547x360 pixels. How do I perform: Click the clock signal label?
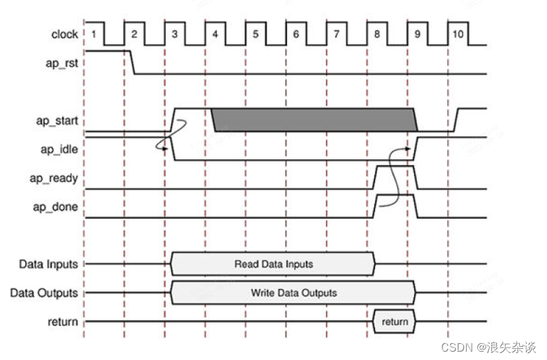tap(64, 34)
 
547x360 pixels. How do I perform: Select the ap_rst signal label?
tap(61, 62)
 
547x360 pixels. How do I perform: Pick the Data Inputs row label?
tap(48, 265)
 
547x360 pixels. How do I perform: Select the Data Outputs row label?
tap(44, 293)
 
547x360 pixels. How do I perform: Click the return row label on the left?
tap(63, 322)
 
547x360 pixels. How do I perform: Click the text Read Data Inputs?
tap(273, 265)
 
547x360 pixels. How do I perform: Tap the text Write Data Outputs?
tap(293, 293)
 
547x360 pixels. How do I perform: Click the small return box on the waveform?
tap(394, 322)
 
